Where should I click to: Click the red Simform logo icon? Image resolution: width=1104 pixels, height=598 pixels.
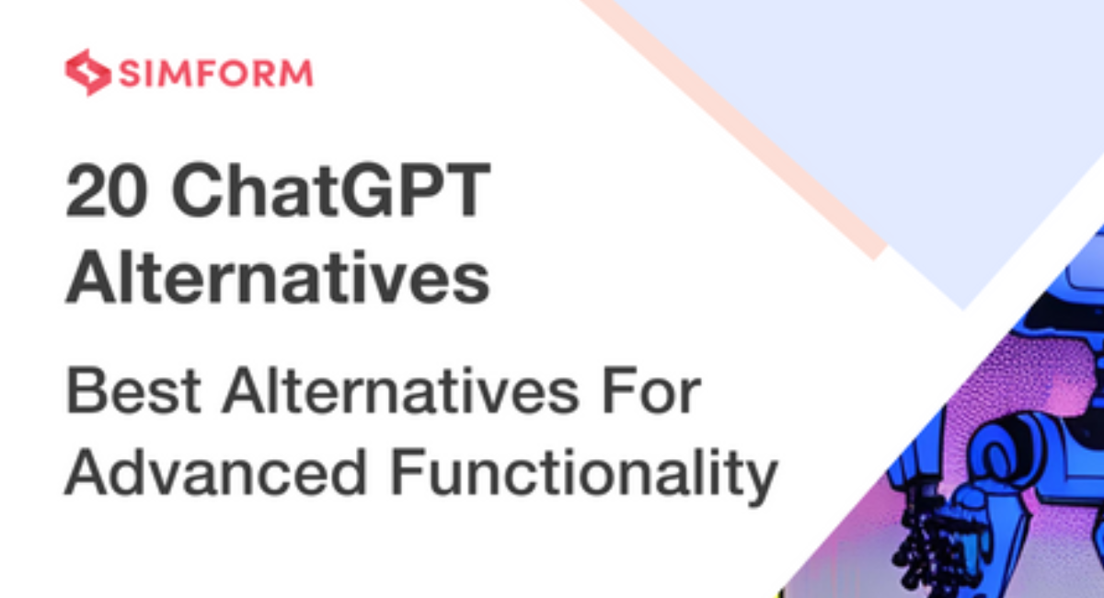(x=87, y=73)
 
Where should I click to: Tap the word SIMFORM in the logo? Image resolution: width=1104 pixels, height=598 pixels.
(x=216, y=74)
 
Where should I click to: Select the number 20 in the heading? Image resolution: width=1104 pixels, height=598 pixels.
(x=107, y=190)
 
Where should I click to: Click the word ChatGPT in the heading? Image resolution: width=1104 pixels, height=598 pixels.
(x=330, y=190)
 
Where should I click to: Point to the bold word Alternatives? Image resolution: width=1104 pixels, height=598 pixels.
(x=278, y=278)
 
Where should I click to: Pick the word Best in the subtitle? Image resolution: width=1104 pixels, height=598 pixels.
(x=133, y=391)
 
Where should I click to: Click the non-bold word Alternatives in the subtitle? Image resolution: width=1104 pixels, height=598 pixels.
(x=400, y=390)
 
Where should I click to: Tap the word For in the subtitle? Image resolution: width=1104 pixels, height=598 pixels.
(x=651, y=391)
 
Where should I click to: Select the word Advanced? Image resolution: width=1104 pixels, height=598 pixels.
(x=216, y=472)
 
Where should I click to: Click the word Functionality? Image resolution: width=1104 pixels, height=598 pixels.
(x=584, y=476)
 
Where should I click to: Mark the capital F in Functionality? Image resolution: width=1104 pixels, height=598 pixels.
(x=408, y=472)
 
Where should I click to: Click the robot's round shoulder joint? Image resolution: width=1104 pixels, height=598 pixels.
(x=1001, y=456)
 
